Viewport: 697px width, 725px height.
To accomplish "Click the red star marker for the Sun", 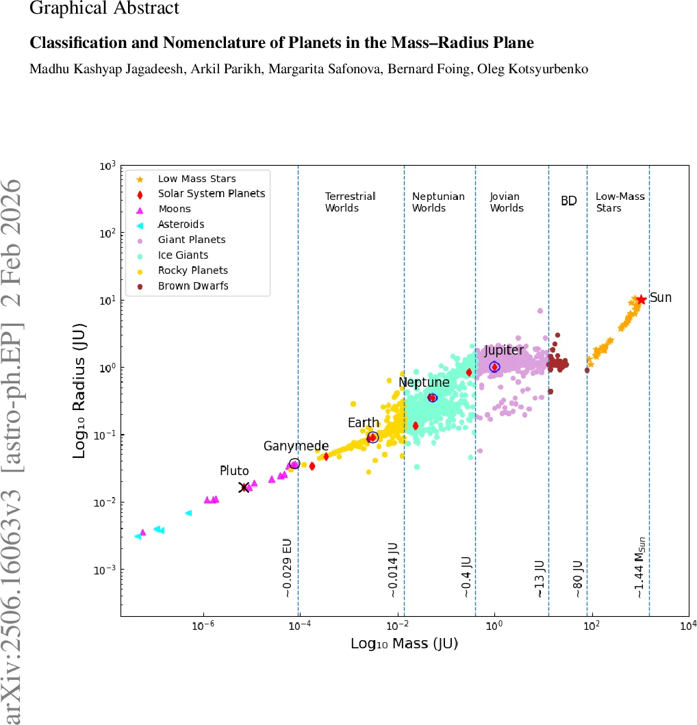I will [x=641, y=300].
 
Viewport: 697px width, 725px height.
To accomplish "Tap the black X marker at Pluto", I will [x=244, y=487].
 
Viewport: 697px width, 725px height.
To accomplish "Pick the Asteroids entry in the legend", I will [x=181, y=224].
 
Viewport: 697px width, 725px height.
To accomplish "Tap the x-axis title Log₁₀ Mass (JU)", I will [x=403, y=644].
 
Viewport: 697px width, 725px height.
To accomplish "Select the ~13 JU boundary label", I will [x=540, y=578].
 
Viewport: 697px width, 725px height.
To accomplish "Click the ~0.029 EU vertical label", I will [x=288, y=568].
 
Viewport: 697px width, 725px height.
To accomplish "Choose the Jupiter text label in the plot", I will [x=503, y=351].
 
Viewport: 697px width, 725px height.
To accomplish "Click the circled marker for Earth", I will [x=372, y=437].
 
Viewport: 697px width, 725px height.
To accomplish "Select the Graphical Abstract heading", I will [x=105, y=9].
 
